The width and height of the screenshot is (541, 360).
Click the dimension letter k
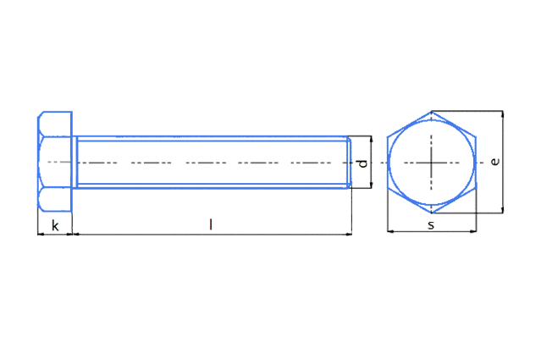[x=55, y=225]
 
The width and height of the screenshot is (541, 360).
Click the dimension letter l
[x=211, y=224]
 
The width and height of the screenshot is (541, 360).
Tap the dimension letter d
[x=362, y=163]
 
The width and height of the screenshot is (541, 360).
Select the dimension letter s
[x=431, y=225]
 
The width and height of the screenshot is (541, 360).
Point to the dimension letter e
[x=495, y=162]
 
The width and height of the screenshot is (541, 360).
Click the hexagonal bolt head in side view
[x=55, y=162]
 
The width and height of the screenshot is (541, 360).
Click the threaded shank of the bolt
[x=213, y=163]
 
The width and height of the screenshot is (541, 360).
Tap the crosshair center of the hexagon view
[x=431, y=163]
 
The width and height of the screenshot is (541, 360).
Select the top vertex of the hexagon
[x=432, y=111]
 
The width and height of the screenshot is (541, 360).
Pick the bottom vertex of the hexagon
[x=432, y=213]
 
